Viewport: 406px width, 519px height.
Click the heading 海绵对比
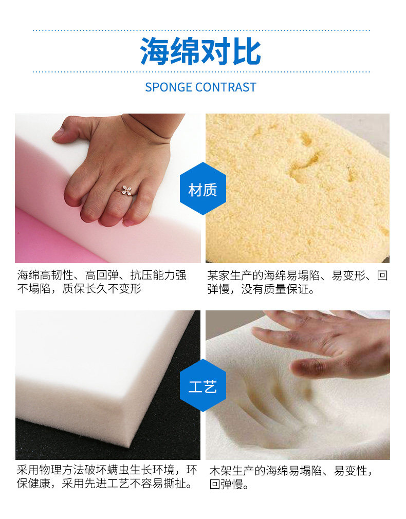(200, 51)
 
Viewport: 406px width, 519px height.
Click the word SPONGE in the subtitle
(169, 87)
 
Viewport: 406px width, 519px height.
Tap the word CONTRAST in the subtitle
(226, 87)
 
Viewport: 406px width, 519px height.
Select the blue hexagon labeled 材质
(202, 189)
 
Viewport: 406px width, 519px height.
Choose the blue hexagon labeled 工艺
(202, 385)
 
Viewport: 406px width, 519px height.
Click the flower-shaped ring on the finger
(126, 190)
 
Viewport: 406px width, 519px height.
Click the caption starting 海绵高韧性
(102, 282)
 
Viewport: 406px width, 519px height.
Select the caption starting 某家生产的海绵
(297, 282)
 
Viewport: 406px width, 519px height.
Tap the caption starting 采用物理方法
(106, 477)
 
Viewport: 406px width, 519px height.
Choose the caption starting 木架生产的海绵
(291, 477)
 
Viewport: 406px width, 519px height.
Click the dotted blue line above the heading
(201, 30)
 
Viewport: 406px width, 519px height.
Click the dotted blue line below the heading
(201, 71)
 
